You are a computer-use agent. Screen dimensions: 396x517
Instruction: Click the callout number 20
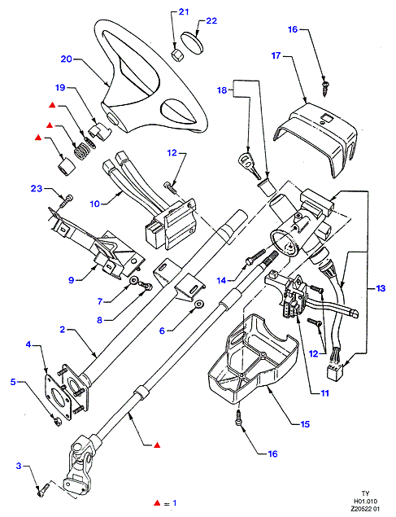pos(66,59)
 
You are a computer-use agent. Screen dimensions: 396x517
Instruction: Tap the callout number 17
pos(276,55)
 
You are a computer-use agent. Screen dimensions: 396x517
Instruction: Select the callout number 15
pos(305,424)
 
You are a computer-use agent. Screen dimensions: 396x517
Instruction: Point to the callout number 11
pos(324,393)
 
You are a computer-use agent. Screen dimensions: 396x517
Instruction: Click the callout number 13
pos(381,288)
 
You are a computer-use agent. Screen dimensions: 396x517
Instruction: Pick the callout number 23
pos(37,188)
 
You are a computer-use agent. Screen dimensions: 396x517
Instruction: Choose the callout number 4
pos(28,344)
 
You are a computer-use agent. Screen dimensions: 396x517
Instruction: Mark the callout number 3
pos(19,466)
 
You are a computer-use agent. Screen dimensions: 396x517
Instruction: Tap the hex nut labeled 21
pos(177,55)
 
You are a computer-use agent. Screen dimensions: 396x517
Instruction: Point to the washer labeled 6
pos(198,305)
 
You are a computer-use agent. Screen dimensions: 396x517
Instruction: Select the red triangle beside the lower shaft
pos(158,445)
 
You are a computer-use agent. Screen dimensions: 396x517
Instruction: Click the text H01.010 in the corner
pos(366,502)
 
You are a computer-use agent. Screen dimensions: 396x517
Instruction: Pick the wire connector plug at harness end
pos(335,371)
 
